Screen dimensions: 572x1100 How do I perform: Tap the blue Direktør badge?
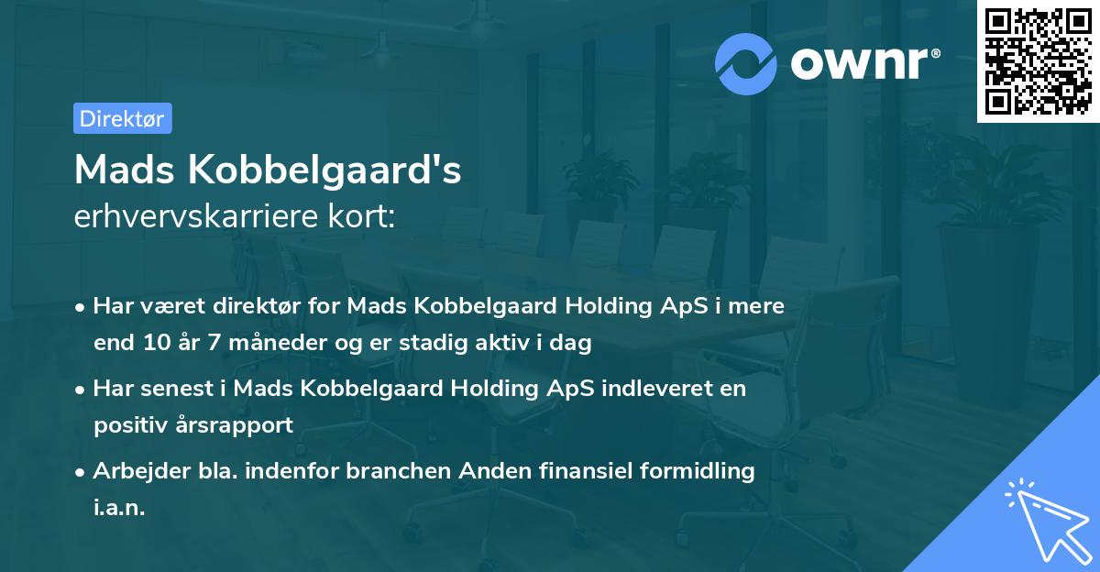[122, 118]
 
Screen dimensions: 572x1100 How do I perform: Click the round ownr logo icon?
[746, 63]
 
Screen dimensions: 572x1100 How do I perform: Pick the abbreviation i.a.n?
[119, 508]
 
